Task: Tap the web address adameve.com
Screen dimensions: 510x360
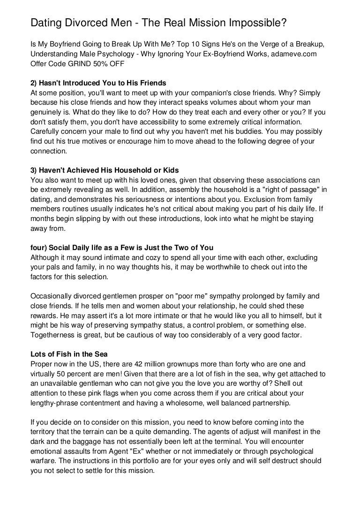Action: pyautogui.click(x=292, y=55)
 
